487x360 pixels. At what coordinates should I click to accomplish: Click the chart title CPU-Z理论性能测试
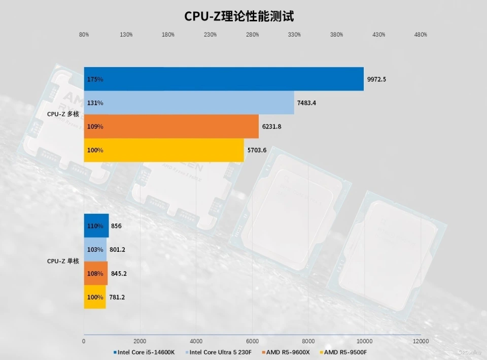(x=239, y=16)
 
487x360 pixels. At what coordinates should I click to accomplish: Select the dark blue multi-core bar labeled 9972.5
(x=224, y=79)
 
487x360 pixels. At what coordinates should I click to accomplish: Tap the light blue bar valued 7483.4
(x=189, y=103)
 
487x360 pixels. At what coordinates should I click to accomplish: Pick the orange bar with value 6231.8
(x=171, y=126)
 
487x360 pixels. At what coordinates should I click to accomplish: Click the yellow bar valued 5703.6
(x=164, y=150)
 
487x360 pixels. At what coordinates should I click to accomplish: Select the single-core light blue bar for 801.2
(x=95, y=250)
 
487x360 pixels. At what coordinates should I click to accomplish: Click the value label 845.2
(x=119, y=274)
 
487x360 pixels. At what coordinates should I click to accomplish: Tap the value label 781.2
(x=117, y=297)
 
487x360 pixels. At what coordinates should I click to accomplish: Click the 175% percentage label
(x=95, y=80)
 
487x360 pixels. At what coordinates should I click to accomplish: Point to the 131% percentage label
(x=95, y=103)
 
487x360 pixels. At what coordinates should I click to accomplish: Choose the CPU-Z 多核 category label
(x=63, y=114)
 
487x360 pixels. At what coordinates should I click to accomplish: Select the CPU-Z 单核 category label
(x=63, y=261)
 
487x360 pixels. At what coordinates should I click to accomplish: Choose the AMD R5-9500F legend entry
(x=345, y=352)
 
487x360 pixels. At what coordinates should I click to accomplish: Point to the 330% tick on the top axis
(x=294, y=35)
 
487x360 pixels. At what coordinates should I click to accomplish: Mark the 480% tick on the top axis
(x=421, y=35)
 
